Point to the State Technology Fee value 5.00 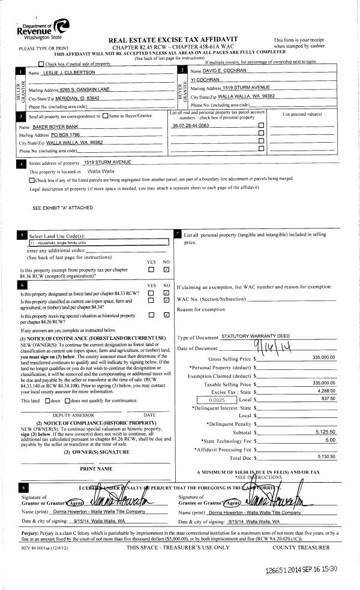pos(330,422)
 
